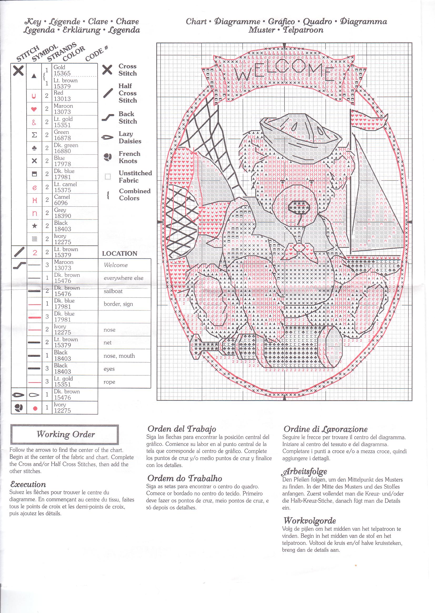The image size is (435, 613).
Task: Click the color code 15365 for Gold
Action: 62,73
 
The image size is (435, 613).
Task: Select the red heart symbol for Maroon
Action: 34,109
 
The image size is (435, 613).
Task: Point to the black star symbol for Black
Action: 34,226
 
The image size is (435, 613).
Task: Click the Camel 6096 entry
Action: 62,200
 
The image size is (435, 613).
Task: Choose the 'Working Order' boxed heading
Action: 65,434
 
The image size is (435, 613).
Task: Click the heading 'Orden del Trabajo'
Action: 182,429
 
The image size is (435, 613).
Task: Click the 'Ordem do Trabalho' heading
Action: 184,478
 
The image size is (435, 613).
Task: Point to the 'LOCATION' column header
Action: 119,253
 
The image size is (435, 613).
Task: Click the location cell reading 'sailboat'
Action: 113,291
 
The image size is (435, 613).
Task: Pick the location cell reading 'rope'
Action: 109,382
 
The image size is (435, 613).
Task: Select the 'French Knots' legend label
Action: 129,157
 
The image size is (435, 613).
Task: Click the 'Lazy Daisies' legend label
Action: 130,137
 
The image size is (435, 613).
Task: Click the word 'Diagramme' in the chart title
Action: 237,22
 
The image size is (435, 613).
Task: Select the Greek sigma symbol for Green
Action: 34,135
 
